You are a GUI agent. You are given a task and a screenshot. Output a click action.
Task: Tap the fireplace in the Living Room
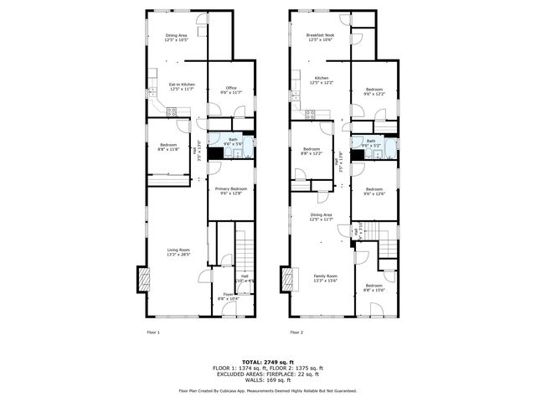tap(143, 279)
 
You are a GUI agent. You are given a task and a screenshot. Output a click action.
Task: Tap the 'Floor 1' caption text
tap(153, 332)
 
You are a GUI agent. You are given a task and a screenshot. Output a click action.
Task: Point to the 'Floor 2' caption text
tap(297, 332)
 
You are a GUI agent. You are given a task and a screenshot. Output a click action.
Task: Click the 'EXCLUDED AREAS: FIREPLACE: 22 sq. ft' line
tap(268, 374)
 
